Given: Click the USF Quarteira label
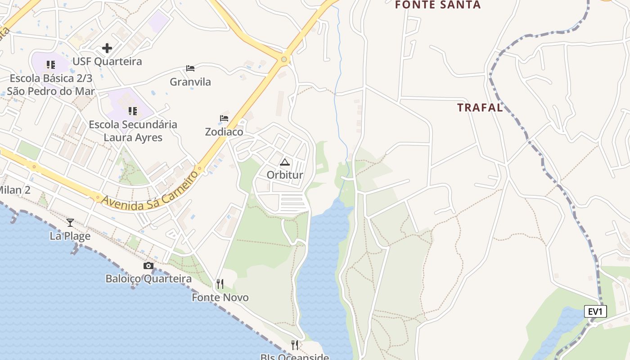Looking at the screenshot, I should (107, 62).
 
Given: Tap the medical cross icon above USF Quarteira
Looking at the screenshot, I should (107, 48).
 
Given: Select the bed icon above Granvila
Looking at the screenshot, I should (190, 68).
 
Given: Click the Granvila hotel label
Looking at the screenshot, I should (190, 82).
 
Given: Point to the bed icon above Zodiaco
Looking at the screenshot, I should (224, 118).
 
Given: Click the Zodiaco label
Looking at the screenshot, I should (224, 132).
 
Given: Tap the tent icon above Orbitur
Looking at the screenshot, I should (285, 162).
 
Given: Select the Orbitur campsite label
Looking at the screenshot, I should (285, 175).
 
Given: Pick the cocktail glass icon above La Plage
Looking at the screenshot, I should (70, 222).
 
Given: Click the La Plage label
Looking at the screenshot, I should (70, 236).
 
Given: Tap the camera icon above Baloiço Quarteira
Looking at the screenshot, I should (148, 265).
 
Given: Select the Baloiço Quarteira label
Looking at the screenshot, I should (148, 279).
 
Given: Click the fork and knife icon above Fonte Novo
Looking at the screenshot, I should (220, 284).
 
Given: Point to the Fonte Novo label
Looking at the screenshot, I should (220, 297).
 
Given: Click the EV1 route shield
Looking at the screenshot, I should (595, 311).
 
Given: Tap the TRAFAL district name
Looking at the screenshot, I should (480, 108).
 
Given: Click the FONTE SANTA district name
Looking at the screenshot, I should (438, 5).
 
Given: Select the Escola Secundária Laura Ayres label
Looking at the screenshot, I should (133, 130).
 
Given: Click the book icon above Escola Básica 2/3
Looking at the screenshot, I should (51, 65).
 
